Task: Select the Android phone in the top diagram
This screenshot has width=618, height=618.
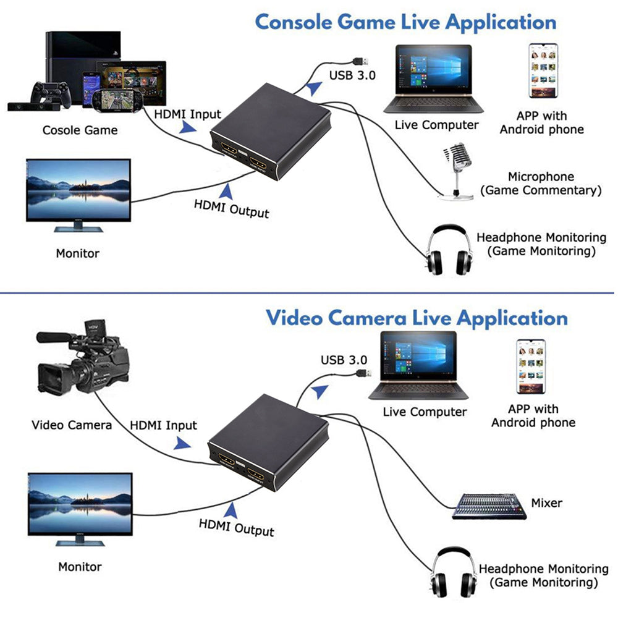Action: (544, 71)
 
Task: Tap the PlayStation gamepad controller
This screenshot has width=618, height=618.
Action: (49, 93)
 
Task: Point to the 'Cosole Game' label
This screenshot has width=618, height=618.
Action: (80, 130)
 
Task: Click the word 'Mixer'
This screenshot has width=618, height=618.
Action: (546, 503)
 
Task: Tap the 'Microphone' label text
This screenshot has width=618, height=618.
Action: (541, 177)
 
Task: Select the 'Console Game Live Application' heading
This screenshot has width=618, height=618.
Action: (405, 22)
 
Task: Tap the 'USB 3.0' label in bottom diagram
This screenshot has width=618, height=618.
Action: (344, 360)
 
